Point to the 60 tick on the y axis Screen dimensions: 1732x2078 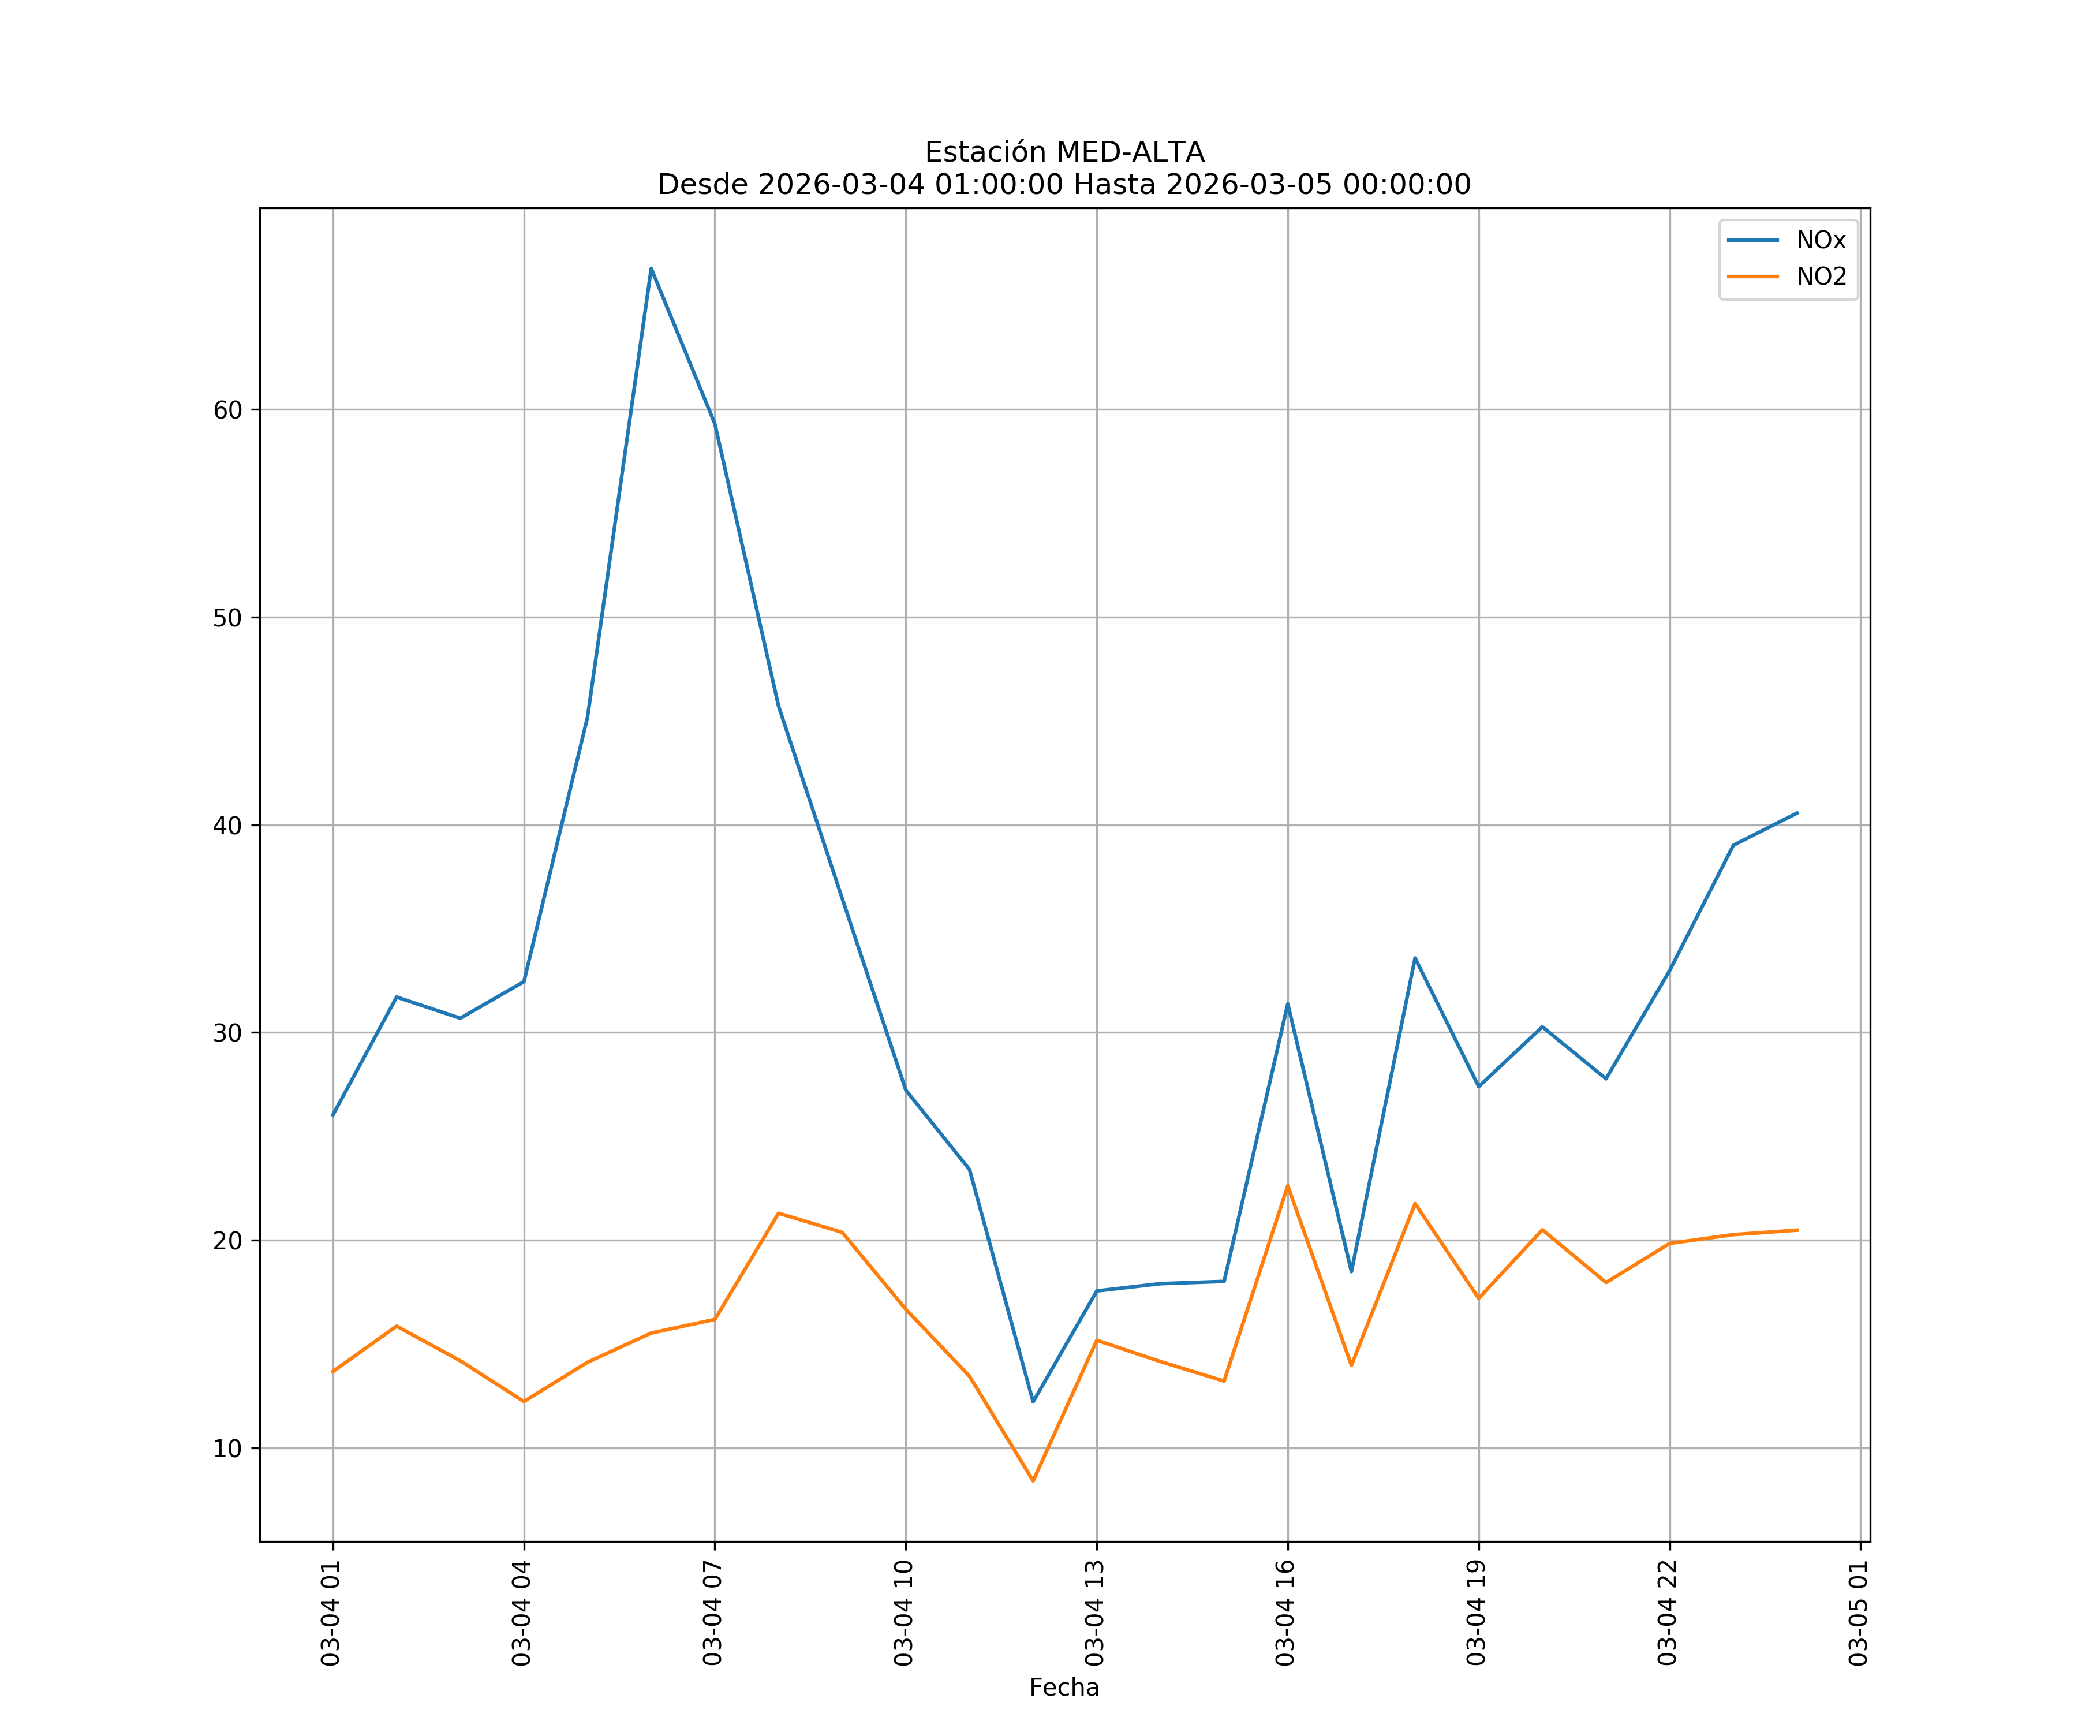click(227, 410)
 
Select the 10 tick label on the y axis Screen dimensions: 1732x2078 click(227, 1448)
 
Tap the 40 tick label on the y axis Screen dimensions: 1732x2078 click(227, 826)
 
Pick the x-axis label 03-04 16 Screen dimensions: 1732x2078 click(1285, 1612)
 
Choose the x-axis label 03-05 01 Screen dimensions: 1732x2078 click(1858, 1612)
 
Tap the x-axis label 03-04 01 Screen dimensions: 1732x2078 click(331, 1612)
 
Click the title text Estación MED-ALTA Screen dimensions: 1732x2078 click(1064, 152)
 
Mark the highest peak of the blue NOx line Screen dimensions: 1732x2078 click(651, 268)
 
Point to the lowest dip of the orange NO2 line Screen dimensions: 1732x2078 click(1033, 1481)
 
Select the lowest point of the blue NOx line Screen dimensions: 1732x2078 click(1033, 1401)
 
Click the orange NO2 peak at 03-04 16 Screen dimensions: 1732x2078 click(1287, 1185)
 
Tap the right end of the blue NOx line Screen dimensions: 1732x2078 click(1797, 812)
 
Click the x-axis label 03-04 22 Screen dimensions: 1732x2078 click(1668, 1612)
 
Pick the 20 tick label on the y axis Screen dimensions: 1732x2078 click(227, 1240)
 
